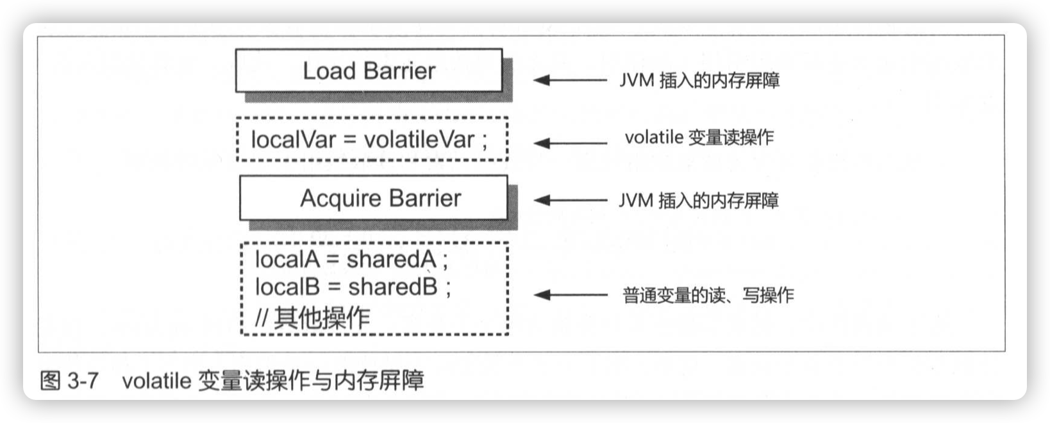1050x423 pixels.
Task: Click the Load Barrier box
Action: click(369, 70)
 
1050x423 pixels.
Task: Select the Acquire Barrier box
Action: click(374, 198)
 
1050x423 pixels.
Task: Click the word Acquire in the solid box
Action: click(340, 199)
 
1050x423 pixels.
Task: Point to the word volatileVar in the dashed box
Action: click(419, 139)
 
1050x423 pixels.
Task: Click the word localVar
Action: click(293, 139)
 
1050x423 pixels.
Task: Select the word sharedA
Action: click(391, 259)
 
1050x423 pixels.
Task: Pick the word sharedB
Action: click(392, 286)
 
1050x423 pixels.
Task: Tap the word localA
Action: click(287, 259)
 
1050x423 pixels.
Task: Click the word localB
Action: click(287, 286)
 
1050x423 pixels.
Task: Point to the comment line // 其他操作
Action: click(313, 317)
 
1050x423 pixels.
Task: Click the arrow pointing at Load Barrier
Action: click(569, 80)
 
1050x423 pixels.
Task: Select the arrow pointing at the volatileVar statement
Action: click(569, 143)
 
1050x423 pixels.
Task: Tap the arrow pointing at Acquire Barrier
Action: click(569, 200)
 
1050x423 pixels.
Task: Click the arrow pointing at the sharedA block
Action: click(569, 295)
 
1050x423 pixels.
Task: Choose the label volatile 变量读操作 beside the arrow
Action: click(699, 137)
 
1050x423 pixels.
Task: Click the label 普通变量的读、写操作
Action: click(708, 295)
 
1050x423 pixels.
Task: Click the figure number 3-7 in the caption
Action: click(83, 381)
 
